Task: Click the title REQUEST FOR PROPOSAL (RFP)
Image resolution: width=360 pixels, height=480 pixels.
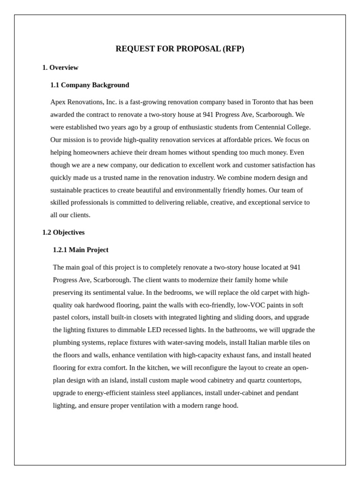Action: pyautogui.click(x=180, y=49)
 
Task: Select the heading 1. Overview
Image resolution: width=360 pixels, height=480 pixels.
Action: pyautogui.click(x=60, y=67)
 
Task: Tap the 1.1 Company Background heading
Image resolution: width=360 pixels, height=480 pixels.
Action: pyautogui.click(x=90, y=85)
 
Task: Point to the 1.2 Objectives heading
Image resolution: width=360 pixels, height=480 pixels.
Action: pyautogui.click(x=63, y=232)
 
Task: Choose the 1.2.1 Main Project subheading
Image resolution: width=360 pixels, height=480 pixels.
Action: pyautogui.click(x=81, y=250)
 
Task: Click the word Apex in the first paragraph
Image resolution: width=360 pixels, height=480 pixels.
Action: pyautogui.click(x=58, y=102)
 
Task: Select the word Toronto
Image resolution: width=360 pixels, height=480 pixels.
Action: pyautogui.click(x=264, y=102)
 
